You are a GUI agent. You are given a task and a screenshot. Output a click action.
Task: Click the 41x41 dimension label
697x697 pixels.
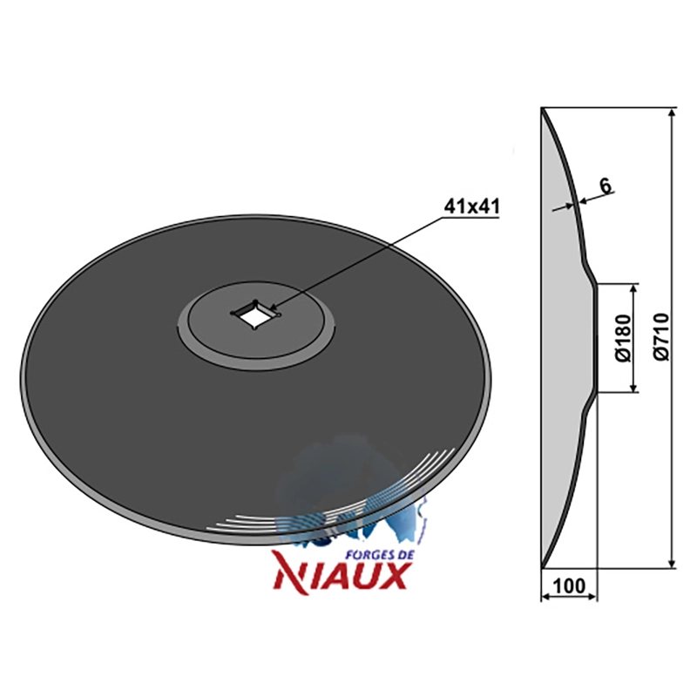click(471, 206)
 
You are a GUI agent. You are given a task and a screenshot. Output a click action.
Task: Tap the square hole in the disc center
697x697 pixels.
click(254, 315)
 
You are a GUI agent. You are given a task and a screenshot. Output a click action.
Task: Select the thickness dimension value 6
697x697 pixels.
click(605, 185)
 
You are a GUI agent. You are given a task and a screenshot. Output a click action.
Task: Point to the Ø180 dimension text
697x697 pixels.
click(623, 338)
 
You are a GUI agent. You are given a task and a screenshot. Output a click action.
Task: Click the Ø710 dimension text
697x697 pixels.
click(661, 337)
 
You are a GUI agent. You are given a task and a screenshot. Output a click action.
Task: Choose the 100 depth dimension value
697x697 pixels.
click(570, 585)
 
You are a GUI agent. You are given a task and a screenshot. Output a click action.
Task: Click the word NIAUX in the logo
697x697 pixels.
click(342, 576)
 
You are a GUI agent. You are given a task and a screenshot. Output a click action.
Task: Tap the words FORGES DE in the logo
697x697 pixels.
click(380, 555)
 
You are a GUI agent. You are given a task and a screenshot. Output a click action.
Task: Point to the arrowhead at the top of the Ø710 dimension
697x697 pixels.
click(672, 112)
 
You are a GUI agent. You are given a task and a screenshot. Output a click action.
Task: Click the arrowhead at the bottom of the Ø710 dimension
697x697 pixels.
click(672, 563)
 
